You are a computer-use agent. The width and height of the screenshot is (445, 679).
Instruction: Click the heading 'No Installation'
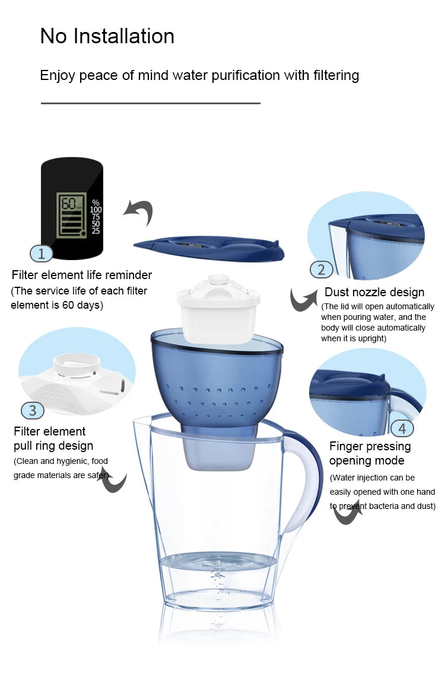coord(107,37)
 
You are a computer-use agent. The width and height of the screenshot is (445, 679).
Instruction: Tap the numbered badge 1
coord(41,254)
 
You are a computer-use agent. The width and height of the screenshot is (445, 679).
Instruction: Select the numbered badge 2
coord(321,270)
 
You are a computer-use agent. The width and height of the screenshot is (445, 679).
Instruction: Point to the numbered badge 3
coord(33,410)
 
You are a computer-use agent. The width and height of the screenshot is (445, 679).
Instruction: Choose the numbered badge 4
coord(402,428)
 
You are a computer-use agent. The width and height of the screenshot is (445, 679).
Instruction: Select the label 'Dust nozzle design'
coord(374,292)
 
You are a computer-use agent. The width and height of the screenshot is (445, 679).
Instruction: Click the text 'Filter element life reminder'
coord(82,275)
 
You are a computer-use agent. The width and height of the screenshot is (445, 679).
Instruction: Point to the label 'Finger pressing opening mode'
coord(370,453)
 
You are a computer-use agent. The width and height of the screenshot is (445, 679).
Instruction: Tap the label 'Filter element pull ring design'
coord(53,438)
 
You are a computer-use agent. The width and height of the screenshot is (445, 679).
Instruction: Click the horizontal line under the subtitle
coord(150,103)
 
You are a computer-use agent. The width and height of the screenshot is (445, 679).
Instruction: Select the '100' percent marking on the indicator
coord(96,210)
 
